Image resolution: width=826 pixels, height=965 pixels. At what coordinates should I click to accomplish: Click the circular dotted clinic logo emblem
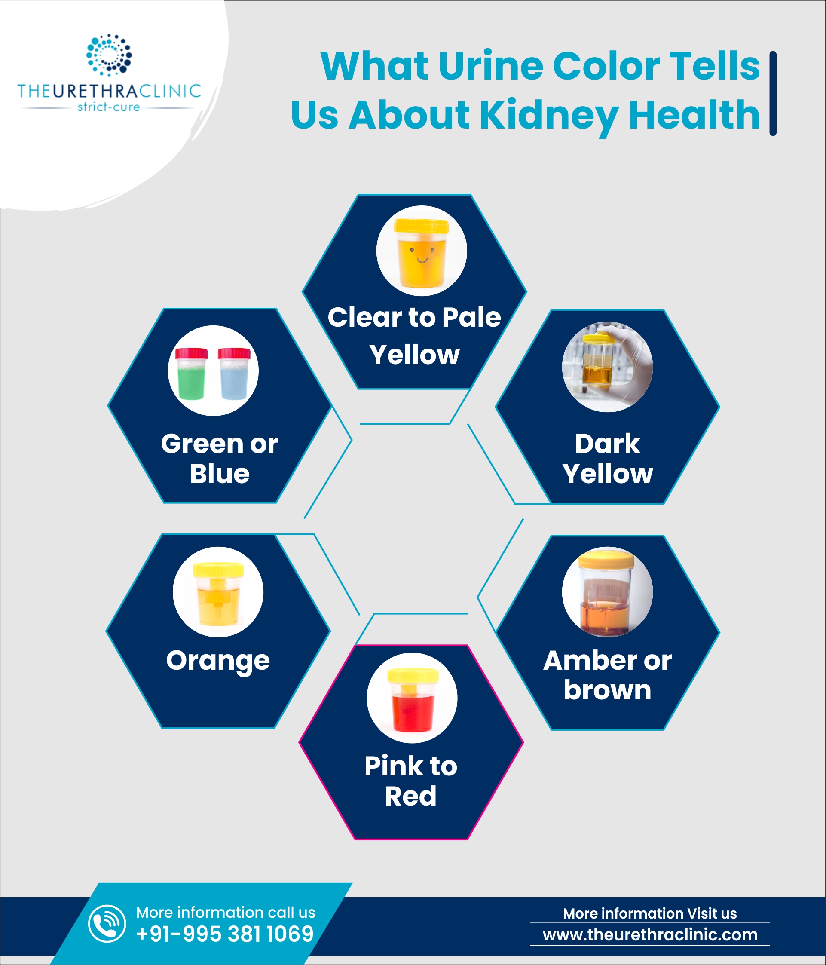point(109,55)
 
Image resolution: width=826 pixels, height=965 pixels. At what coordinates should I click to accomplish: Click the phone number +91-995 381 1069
point(225,934)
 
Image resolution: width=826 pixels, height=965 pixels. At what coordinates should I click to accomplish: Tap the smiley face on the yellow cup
point(422,255)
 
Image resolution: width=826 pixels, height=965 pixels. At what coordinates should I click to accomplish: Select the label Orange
point(218,660)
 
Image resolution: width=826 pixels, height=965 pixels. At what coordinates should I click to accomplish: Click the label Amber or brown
point(607,675)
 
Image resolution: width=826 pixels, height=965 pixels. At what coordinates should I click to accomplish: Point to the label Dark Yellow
point(607,458)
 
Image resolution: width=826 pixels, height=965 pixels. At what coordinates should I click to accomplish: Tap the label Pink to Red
point(411,781)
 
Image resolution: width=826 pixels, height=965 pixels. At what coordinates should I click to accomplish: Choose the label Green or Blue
point(219,458)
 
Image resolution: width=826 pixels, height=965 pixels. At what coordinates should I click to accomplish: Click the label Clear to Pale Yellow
point(414,335)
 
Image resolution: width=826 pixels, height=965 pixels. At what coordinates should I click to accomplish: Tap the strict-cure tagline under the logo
point(108,107)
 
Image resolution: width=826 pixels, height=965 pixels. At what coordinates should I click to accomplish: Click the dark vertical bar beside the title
point(773,93)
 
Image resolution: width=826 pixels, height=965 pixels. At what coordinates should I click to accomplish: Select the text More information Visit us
point(649,913)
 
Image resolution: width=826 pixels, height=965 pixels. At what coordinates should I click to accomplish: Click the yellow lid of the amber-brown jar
point(606,559)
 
